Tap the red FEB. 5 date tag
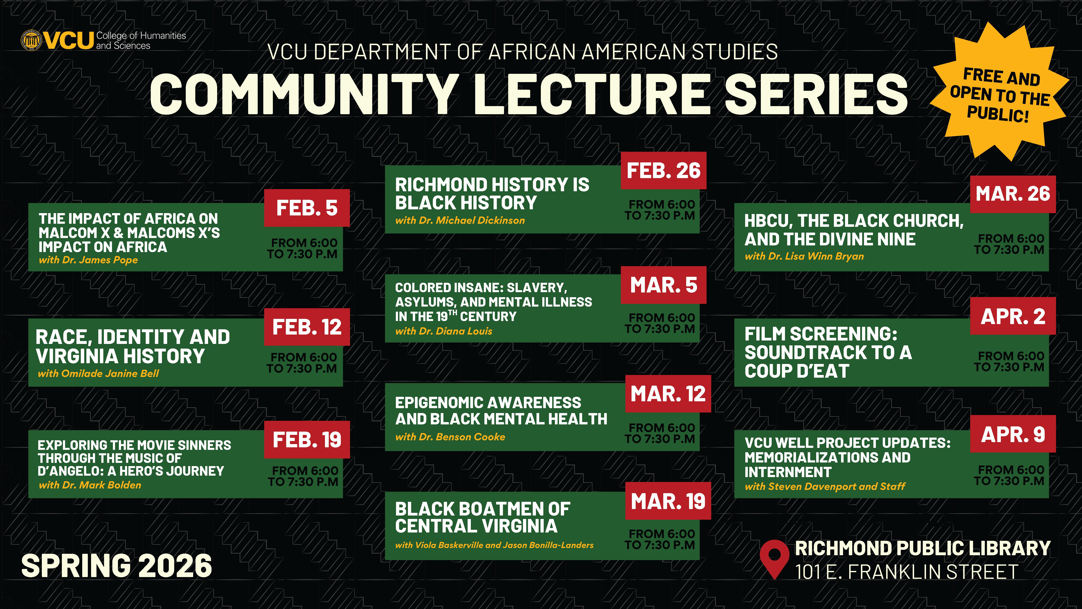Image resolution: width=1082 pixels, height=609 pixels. pos(307,208)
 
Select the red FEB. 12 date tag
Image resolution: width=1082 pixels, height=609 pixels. pos(307,327)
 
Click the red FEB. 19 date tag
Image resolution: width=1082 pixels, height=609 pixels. pos(307,440)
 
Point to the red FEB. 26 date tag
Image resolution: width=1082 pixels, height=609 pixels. pos(664,171)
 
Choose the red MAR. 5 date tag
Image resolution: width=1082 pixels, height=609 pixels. pos(664,285)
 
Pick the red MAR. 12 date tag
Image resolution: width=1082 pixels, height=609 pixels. pos(668,394)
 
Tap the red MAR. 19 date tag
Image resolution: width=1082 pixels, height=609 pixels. pos(668,501)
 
